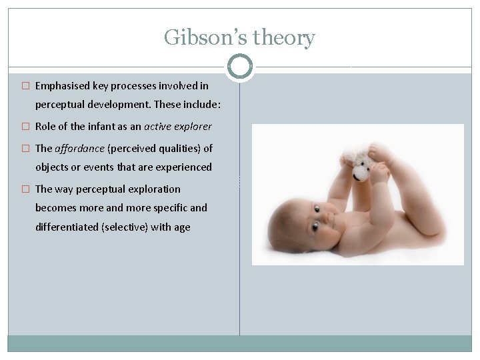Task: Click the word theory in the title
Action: [x=281, y=38]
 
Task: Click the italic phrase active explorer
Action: [x=178, y=127]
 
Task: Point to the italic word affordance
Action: [x=79, y=148]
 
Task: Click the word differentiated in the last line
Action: [x=67, y=227]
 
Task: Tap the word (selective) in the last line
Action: [x=124, y=227]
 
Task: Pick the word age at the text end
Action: [x=182, y=227]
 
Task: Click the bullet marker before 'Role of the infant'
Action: [x=26, y=127]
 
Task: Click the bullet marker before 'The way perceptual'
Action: [x=26, y=189]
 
